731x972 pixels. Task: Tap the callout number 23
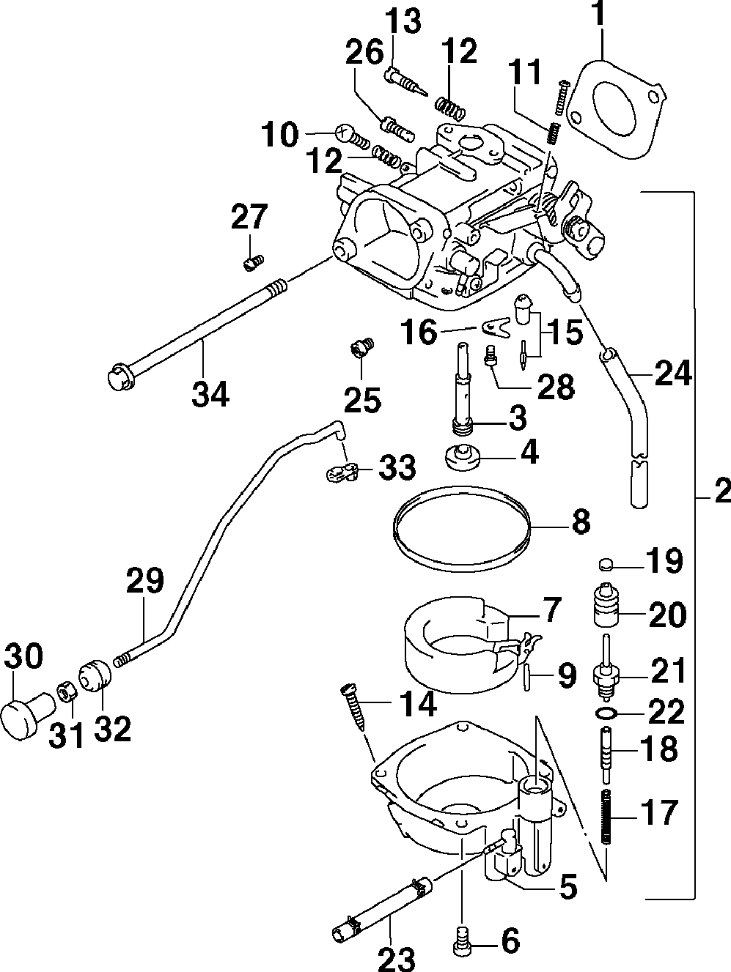pos(397,958)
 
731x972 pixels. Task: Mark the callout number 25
pos(363,399)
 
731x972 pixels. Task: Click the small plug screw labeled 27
pos(254,263)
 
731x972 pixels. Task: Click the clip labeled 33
pos(342,473)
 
